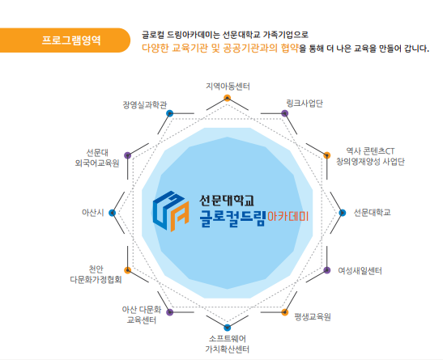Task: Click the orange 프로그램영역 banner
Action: click(65, 40)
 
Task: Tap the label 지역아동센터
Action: click(228, 86)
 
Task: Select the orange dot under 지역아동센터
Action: click(227, 98)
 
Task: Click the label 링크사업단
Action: click(305, 104)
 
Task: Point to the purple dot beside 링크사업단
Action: click(285, 114)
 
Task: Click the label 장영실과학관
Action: click(145, 105)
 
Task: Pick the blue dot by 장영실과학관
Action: click(169, 114)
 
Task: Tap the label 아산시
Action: click(92, 213)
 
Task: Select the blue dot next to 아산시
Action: click(112, 213)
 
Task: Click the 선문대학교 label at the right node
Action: click(372, 212)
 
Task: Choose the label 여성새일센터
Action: click(360, 271)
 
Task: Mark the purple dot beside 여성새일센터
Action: click(327, 270)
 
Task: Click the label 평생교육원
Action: click(313, 317)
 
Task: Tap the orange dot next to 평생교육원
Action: click(285, 312)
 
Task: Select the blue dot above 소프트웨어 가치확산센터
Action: click(227, 328)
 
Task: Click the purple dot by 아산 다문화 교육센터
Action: click(169, 312)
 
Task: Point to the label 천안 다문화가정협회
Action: click(96, 274)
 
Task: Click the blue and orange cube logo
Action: click(171, 211)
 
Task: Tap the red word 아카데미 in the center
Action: click(288, 216)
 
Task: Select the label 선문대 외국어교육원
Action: click(97, 158)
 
